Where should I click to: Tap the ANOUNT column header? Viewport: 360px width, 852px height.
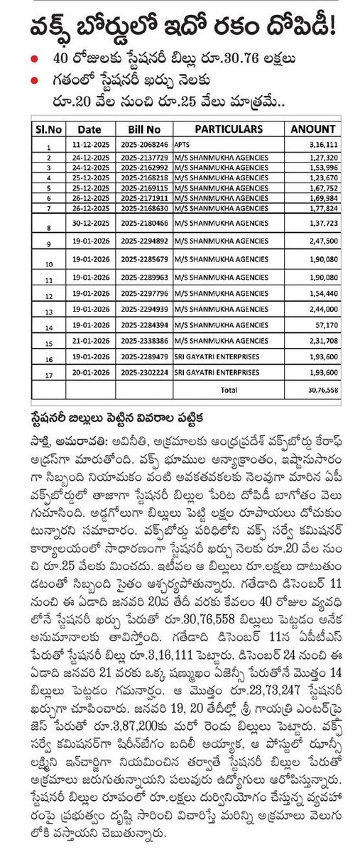click(312, 129)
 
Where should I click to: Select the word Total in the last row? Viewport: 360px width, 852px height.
click(230, 390)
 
